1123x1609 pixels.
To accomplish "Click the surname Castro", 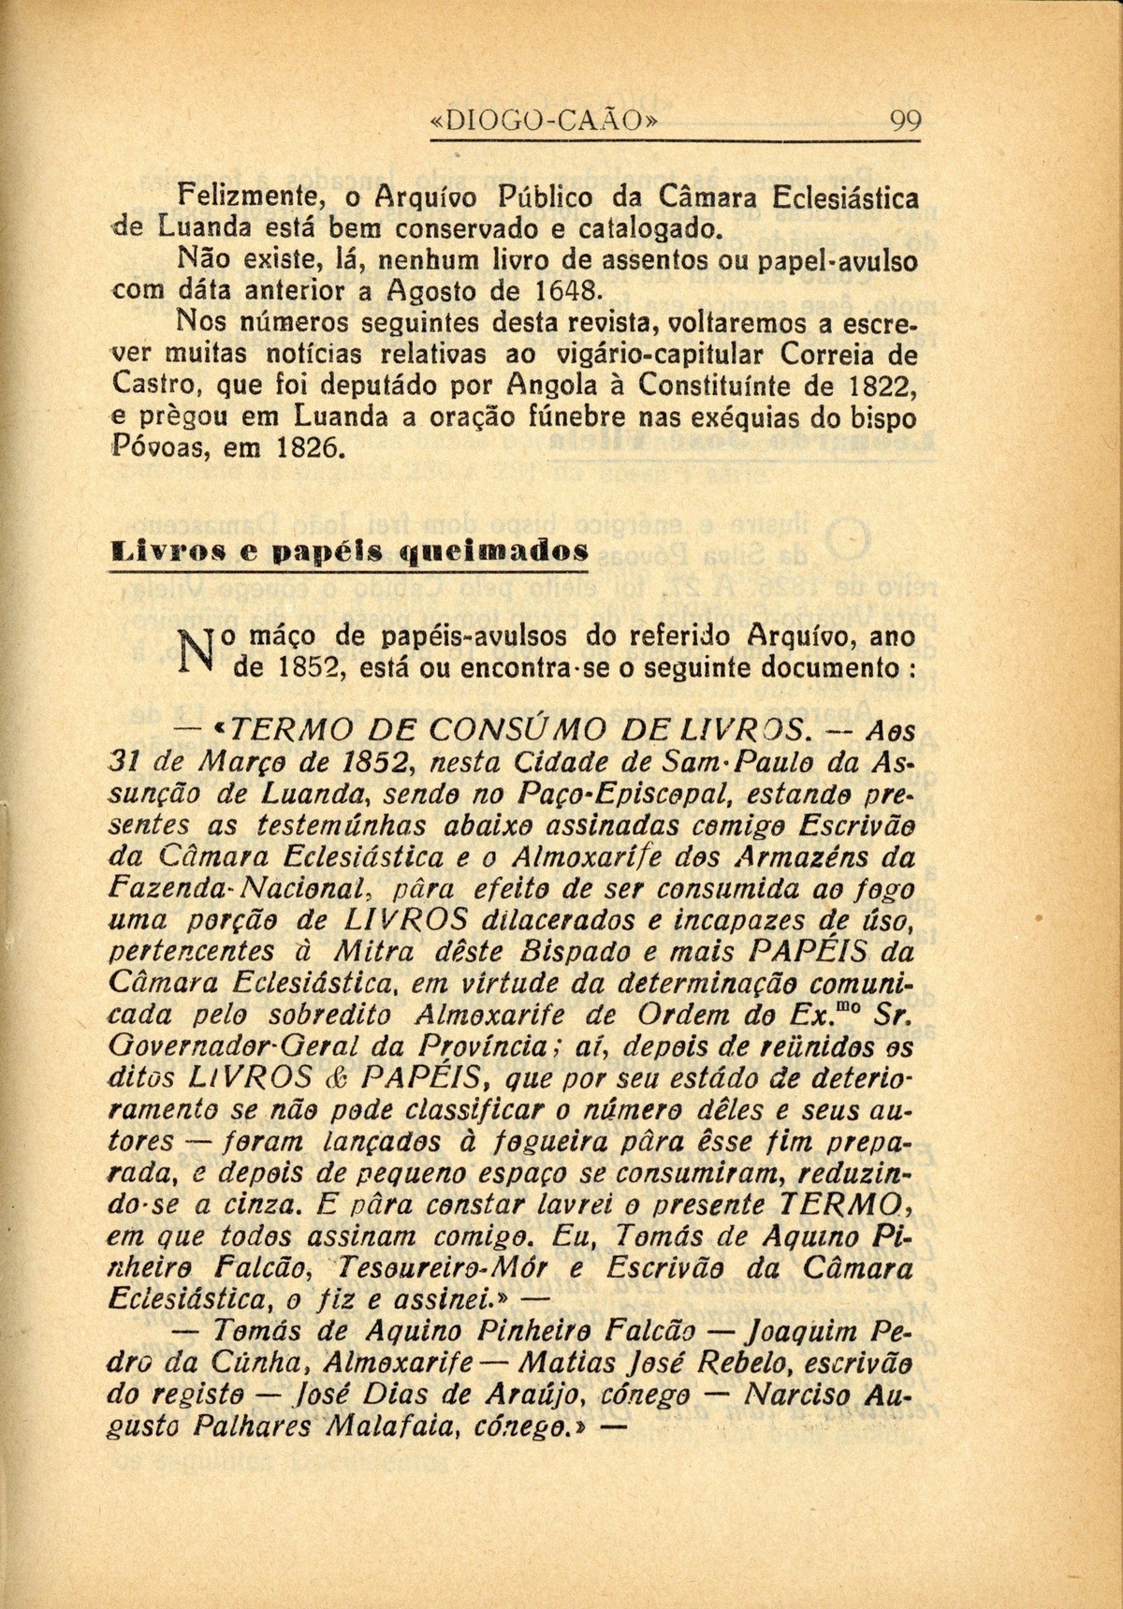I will pyautogui.click(x=150, y=384).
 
